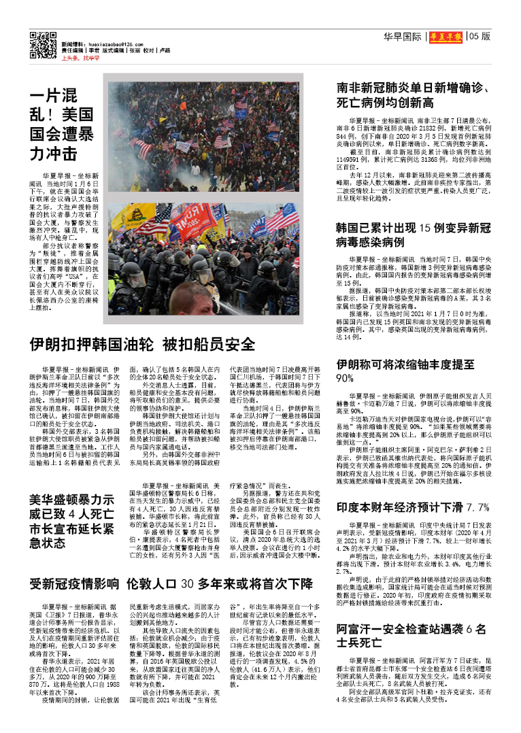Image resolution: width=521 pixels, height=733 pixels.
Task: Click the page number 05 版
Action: coord(479,37)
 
